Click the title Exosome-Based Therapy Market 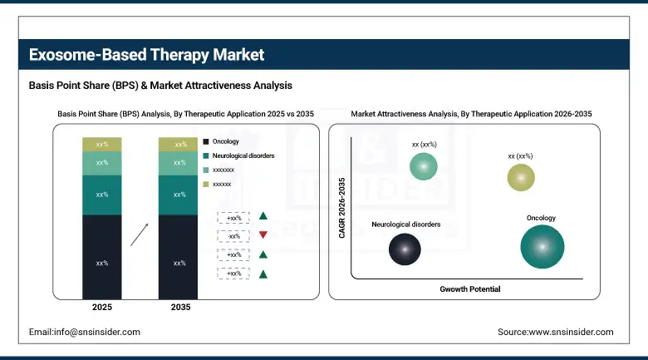(146, 55)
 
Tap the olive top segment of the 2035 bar (179, 145)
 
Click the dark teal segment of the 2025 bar (101, 195)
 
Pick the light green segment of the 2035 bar (179, 163)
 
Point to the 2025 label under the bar (101, 308)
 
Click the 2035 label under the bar (179, 308)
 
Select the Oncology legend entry (220, 141)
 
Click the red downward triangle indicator (263, 235)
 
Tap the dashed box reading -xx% (233, 235)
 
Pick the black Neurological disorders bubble (405, 248)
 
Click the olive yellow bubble (521, 177)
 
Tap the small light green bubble (424, 167)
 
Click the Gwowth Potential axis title (469, 289)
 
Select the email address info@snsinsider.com (85, 332)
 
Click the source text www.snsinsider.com (555, 332)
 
